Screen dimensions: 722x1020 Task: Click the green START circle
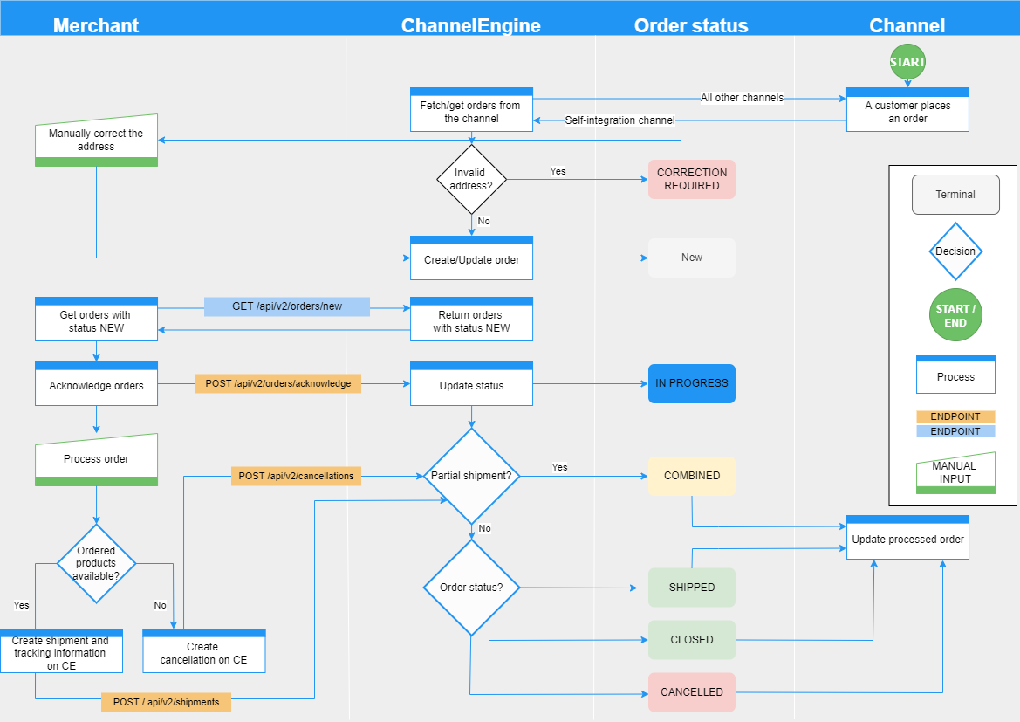click(907, 62)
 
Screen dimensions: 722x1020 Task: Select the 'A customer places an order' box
click(907, 111)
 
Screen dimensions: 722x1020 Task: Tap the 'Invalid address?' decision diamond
click(472, 179)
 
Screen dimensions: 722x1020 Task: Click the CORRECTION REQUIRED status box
click(691, 179)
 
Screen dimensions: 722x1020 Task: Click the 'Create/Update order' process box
click(471, 259)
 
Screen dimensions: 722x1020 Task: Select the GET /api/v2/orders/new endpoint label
click(287, 306)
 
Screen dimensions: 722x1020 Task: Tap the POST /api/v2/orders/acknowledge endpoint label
click(277, 383)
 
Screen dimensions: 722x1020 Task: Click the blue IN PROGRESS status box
click(691, 383)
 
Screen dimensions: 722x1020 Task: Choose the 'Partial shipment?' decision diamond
click(472, 476)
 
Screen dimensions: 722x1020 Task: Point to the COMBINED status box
click(691, 476)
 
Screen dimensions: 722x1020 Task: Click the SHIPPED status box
click(691, 588)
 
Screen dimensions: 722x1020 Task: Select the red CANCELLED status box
click(691, 692)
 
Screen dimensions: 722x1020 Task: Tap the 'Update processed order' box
click(907, 539)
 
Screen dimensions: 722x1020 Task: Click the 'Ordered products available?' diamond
click(96, 563)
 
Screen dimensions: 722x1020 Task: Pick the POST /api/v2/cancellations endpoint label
click(297, 476)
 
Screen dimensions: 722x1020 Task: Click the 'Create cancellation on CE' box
click(203, 652)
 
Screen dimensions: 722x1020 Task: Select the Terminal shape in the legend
click(955, 195)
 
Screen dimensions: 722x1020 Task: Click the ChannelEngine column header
click(470, 25)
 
